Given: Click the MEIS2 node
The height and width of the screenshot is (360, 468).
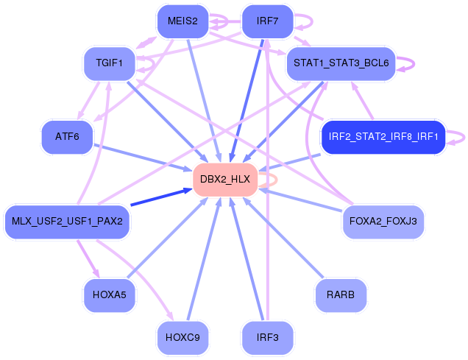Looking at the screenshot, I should (x=182, y=21).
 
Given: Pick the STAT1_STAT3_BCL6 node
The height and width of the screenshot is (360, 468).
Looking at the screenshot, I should (x=341, y=63).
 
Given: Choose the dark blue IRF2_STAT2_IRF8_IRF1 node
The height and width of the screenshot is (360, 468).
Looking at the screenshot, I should (x=383, y=136).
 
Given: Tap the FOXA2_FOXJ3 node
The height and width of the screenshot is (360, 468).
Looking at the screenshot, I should (x=383, y=221).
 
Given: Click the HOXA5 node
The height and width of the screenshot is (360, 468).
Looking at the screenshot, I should (x=110, y=295).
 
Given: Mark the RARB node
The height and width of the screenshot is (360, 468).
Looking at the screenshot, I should (x=341, y=295).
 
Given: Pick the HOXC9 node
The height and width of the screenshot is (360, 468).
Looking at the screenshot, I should (x=182, y=337).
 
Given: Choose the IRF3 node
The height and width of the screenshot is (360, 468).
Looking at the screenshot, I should (x=267, y=337).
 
